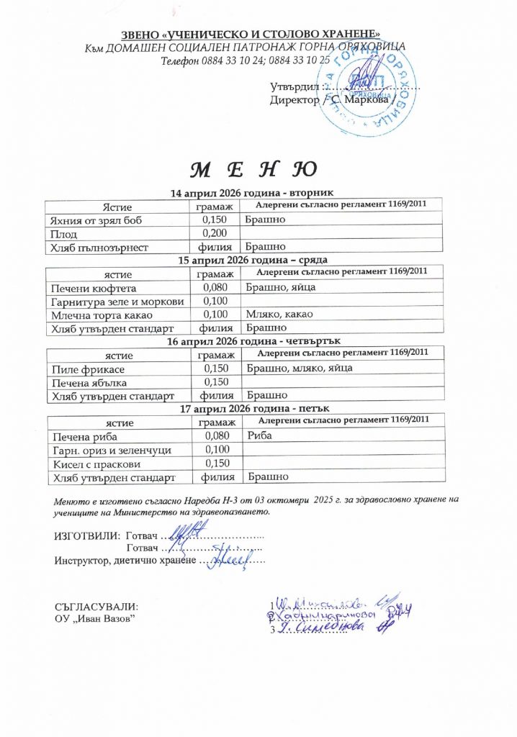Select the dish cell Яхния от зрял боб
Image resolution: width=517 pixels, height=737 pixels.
tap(93, 220)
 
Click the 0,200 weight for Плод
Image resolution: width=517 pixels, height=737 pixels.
tap(215, 233)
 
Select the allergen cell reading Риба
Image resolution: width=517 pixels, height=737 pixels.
tap(258, 435)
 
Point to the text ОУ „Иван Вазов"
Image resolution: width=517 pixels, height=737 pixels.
tap(94, 619)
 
